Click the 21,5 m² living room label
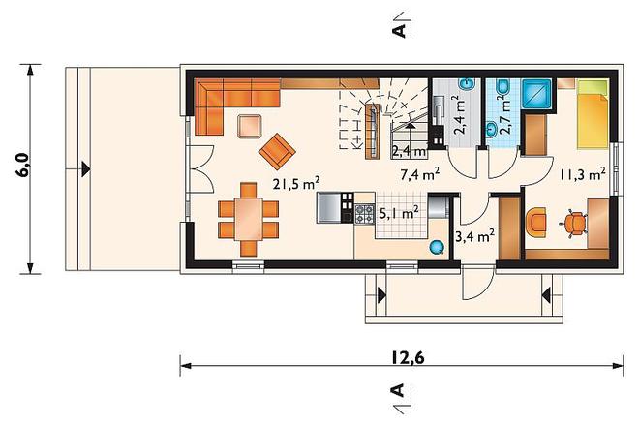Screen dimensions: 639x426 coord(296,184)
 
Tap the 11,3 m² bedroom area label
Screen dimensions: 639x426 coord(582,175)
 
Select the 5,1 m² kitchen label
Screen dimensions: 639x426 coord(399,213)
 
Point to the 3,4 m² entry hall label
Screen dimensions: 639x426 coord(475,236)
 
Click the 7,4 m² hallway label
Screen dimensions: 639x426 coord(420,175)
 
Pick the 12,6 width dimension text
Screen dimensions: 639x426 coord(408,357)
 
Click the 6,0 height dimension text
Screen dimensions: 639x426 coord(23,166)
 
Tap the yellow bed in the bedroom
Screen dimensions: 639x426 coord(593,114)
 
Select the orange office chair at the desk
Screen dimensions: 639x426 coord(573,223)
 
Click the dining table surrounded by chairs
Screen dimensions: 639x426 coord(248,219)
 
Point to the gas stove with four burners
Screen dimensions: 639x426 coord(364,214)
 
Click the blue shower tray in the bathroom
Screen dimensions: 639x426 coord(536,94)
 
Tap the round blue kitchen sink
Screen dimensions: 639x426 coord(437,247)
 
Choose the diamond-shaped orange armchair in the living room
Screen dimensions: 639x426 coord(277,151)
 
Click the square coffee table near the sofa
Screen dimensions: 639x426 coord(250,127)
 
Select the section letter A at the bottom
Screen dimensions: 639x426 coord(398,390)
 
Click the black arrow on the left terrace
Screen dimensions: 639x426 coord(85,169)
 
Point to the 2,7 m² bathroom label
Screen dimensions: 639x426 coord(504,115)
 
